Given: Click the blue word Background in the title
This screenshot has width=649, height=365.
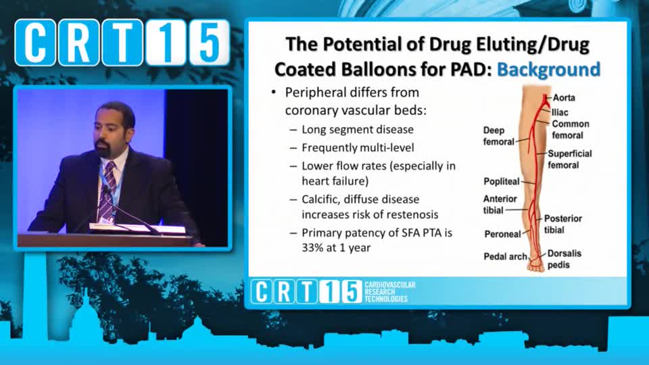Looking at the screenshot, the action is coord(548,69).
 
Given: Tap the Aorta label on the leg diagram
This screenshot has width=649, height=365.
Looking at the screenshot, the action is coord(564,97).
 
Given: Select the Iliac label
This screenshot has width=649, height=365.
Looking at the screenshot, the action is coord(560,112).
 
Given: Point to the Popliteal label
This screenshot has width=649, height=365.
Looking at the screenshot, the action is coord(501,181).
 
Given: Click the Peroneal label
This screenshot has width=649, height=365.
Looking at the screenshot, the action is coord(502,235).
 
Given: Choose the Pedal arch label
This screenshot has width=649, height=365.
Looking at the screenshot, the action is coord(506,257).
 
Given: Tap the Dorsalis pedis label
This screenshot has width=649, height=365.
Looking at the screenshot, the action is coord(564,259).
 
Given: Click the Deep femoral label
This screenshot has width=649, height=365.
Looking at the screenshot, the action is coord(498,136).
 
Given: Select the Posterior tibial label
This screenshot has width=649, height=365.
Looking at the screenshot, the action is coord(563,224).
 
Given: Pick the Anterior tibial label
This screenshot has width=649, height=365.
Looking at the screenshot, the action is coord(500,204).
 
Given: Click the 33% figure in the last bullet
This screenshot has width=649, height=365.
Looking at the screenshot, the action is coord(312,248).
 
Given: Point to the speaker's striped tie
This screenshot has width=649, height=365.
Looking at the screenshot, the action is coord(107,191).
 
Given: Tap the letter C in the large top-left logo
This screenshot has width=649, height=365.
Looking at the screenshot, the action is coord(36,42).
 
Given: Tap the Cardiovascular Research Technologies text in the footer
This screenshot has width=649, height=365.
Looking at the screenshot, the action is coord(390,292).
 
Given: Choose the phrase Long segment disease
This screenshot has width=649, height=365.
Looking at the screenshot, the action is coord(358,130).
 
